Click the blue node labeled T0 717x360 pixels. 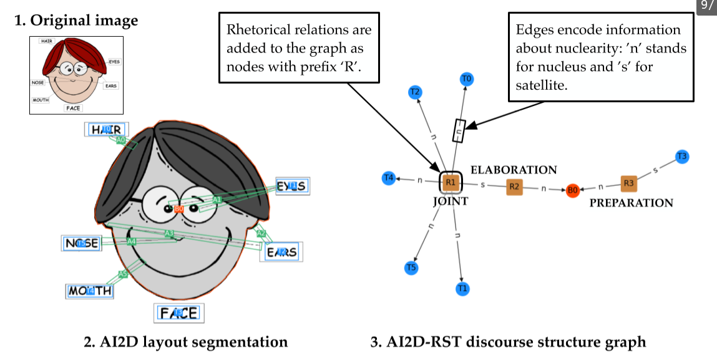[466, 79]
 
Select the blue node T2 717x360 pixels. [414, 92]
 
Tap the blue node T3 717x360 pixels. [682, 157]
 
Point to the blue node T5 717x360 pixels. [411, 268]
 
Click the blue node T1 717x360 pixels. [462, 288]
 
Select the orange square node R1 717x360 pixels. [450, 182]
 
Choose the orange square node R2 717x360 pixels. [514, 186]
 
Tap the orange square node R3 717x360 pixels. [629, 183]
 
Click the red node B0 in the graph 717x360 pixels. [572, 190]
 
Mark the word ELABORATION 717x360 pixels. [514, 170]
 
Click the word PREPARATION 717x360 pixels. [631, 203]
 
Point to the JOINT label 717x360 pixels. [451, 202]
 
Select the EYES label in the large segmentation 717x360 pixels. [292, 186]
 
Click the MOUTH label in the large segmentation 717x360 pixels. [90, 291]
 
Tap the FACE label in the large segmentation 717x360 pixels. [179, 313]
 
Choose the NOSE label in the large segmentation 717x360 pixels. [82, 243]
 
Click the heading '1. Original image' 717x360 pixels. [76, 21]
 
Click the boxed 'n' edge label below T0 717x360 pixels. [459, 130]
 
